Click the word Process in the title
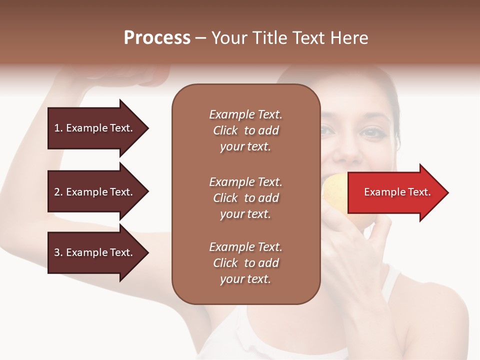pos(157,38)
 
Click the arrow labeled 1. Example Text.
pos(95,128)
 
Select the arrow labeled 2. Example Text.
pos(95,192)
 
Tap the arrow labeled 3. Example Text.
pos(95,252)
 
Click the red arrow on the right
pos(395,192)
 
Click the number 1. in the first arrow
pos(58,128)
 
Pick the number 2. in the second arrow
pos(58,192)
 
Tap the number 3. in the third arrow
pos(58,252)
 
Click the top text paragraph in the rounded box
pos(245,130)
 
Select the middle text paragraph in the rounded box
pos(245,198)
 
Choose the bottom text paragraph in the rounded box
pos(245,263)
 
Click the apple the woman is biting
pos(334,190)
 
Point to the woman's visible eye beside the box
pos(370,132)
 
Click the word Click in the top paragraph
pos(225,130)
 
